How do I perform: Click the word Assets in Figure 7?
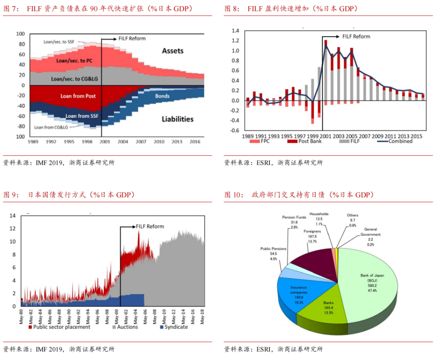pyautogui.click(x=173, y=51)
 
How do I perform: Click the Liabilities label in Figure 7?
pyautogui.click(x=178, y=119)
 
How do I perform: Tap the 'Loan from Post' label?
pyautogui.click(x=78, y=96)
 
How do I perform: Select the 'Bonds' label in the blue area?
pyautogui.click(x=162, y=96)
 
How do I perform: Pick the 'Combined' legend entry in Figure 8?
pyautogui.click(x=400, y=141)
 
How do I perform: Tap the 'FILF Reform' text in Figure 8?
pyautogui.click(x=356, y=36)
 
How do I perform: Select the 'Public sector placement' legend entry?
pyautogui.click(x=59, y=327)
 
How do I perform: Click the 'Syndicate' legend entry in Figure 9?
pyautogui.click(x=176, y=327)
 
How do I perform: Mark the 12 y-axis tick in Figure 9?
pyautogui.click(x=12, y=229)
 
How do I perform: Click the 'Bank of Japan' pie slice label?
pyautogui.click(x=372, y=275)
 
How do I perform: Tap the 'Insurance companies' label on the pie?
pyautogui.click(x=299, y=290)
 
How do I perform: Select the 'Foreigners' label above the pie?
pyautogui.click(x=312, y=231)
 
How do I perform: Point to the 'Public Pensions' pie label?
pyautogui.click(x=274, y=249)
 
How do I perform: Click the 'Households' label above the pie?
pyautogui.click(x=319, y=214)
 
